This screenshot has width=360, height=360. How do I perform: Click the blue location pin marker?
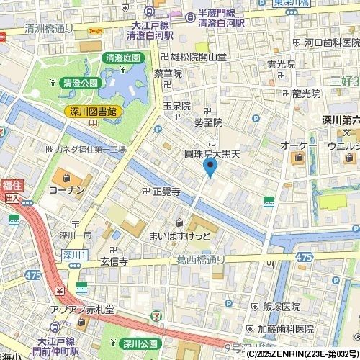tap(210, 168)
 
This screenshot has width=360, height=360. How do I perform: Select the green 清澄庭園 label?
tap(122, 58)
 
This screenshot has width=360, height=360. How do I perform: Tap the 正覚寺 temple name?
tap(166, 191)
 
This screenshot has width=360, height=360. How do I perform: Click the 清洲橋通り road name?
tap(49, 29)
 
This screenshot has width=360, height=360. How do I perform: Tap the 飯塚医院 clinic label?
tap(281, 307)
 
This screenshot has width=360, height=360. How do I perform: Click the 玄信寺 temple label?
tap(114, 263)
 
